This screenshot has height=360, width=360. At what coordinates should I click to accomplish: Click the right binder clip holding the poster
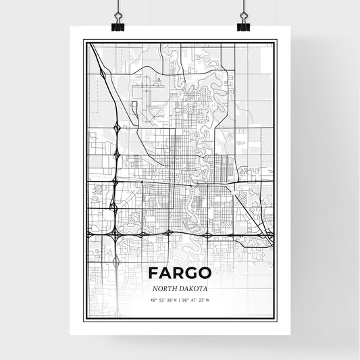tap(242, 22)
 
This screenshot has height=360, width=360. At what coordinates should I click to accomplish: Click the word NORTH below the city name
tap(165, 287)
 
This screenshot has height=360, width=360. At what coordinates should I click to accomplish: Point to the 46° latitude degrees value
tap(153, 300)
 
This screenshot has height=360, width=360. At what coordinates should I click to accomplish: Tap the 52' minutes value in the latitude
tap(161, 300)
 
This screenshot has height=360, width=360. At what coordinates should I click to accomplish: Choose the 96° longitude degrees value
tap(185, 300)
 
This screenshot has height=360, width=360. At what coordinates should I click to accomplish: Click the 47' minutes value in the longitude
tap(193, 300)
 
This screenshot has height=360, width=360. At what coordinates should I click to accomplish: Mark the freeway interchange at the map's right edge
tap(269, 235)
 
